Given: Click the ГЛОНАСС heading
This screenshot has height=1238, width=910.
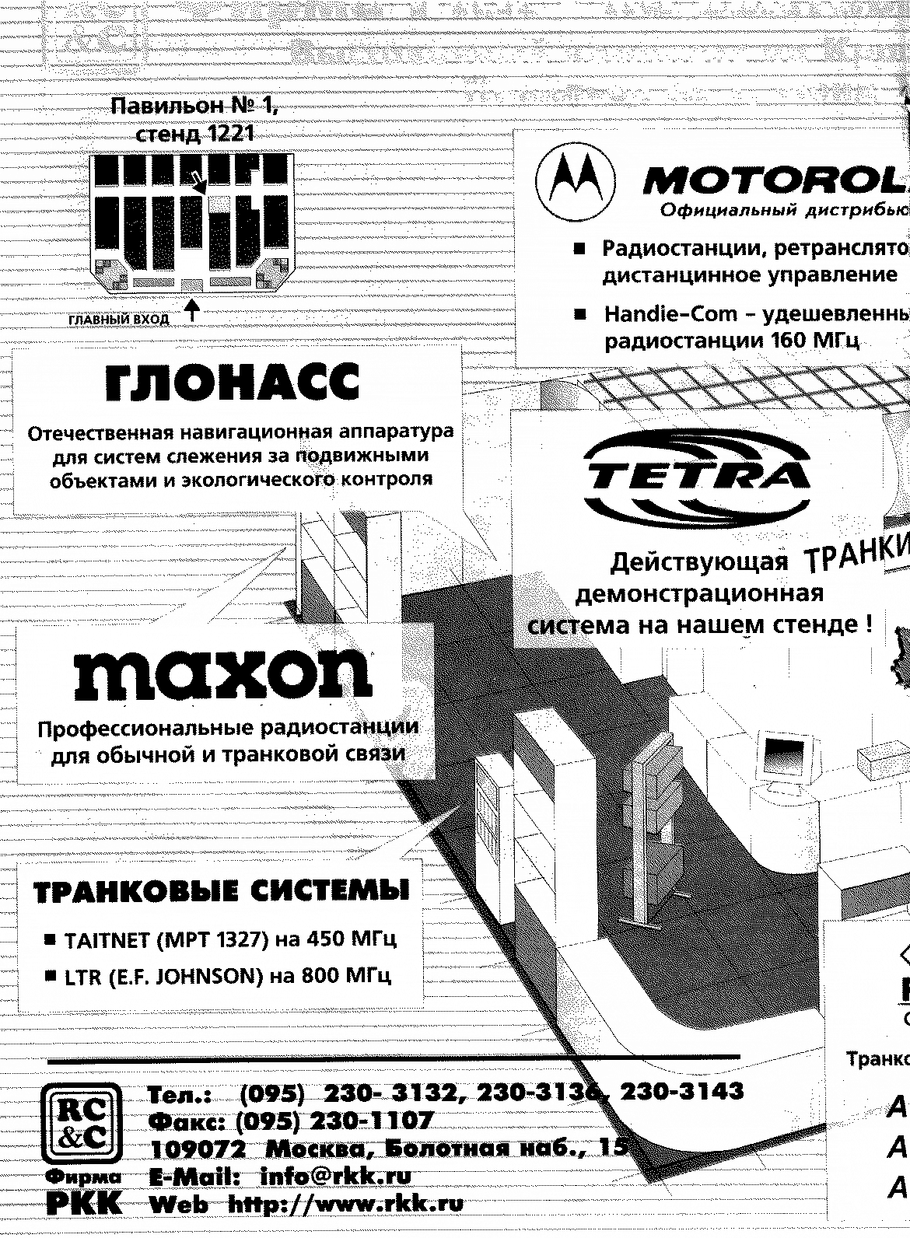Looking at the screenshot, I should (x=233, y=383).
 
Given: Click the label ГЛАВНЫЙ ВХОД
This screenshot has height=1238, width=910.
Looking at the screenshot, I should (x=119, y=320).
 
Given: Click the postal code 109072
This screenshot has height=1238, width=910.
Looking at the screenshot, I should (x=198, y=1149).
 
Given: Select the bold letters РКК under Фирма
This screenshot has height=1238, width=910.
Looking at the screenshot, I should (x=83, y=1204).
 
